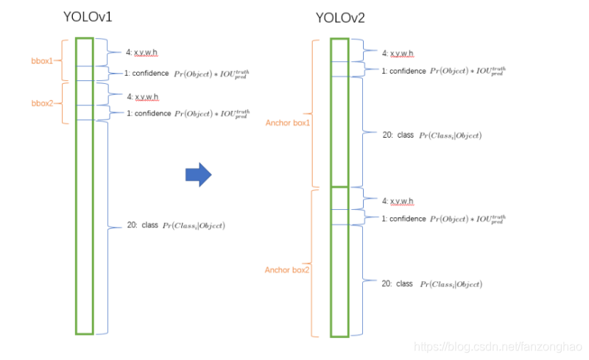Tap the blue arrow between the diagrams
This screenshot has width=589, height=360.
[198, 174]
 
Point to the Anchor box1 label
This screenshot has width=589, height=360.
[288, 122]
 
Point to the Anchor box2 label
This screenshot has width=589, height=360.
[286, 270]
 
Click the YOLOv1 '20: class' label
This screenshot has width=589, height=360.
[142, 225]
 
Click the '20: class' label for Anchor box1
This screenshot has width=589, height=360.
[398, 135]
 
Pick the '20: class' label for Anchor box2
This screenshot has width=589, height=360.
[398, 283]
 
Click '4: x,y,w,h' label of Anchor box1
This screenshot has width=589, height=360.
[398, 53]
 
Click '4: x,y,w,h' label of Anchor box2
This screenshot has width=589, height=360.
[398, 201]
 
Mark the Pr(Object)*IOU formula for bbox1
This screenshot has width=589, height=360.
[212, 74]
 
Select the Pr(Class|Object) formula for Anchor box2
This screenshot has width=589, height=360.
[451, 284]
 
